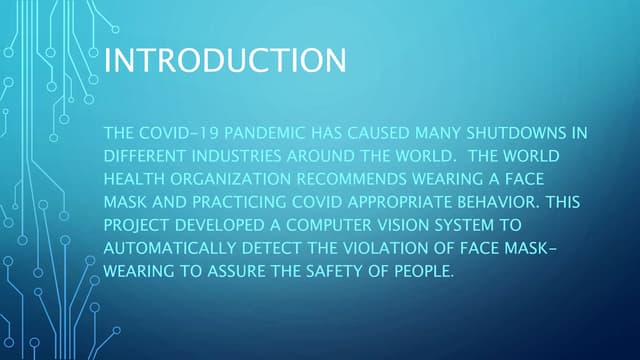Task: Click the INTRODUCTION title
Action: pos(225,59)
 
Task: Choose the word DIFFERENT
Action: pos(144,156)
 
